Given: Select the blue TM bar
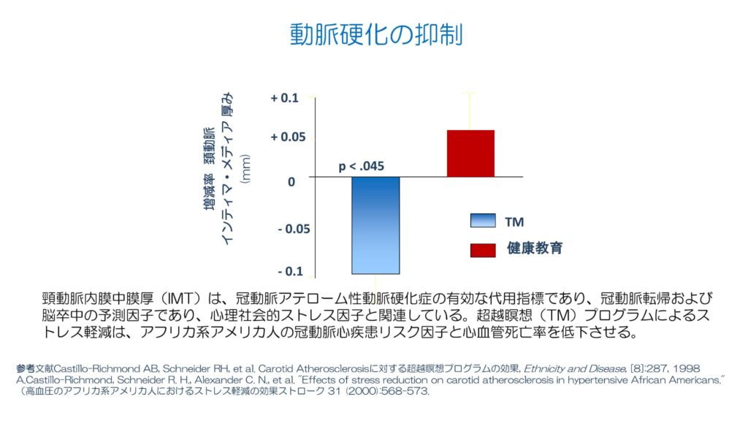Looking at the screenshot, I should click(x=375, y=225).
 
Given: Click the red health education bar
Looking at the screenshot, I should click(x=470, y=153).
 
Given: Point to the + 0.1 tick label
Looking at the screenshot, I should click(x=285, y=98).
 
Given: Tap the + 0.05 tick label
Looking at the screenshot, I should click(x=285, y=137).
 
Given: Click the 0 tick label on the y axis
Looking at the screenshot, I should click(x=291, y=181).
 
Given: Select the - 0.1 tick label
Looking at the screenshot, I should click(x=289, y=271).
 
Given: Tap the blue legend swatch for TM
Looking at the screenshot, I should click(x=483, y=221).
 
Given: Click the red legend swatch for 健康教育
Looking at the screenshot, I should click(x=483, y=249).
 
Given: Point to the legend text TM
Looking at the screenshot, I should click(x=514, y=221).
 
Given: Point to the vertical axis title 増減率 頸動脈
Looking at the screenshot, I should click(x=210, y=167).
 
